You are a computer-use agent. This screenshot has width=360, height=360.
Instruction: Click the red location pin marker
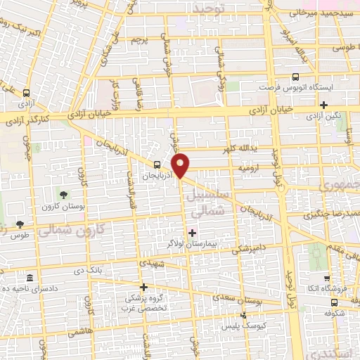pos(181,165)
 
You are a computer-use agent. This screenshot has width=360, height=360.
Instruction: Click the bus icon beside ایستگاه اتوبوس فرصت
pos(295,78)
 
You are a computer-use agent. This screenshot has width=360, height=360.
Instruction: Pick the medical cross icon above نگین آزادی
pos(323,105)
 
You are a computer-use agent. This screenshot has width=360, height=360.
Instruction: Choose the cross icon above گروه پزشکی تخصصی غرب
pos(143,287)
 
